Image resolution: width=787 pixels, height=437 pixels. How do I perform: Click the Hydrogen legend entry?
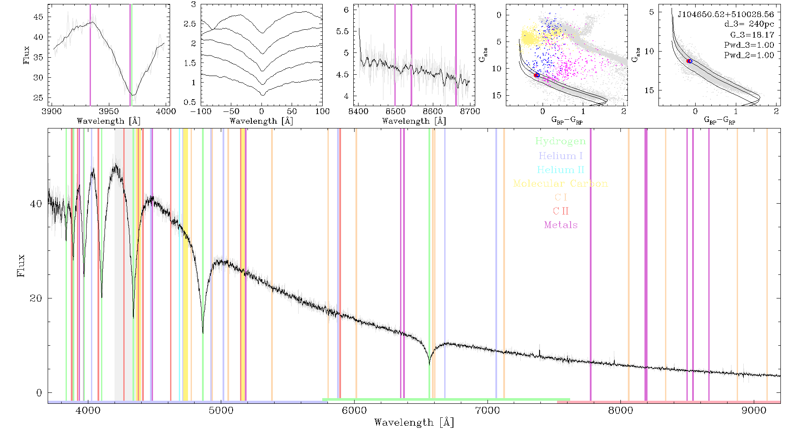560,141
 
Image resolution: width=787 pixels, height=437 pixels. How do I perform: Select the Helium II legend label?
560,170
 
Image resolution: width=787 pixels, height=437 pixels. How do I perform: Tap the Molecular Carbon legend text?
560,184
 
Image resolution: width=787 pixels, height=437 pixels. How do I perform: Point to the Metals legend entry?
561,225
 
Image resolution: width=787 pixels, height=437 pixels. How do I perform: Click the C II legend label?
561,211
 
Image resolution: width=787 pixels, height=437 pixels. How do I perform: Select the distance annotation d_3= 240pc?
743,24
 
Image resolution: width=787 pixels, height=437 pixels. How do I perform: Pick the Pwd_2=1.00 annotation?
749,55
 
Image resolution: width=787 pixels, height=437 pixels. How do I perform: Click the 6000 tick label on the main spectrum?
354,410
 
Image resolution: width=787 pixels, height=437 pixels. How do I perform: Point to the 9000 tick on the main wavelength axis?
754,410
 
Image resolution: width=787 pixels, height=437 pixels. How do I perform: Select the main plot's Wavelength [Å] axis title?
414,423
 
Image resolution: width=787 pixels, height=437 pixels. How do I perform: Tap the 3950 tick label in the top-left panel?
109,111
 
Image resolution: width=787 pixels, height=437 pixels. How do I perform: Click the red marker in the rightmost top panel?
689,61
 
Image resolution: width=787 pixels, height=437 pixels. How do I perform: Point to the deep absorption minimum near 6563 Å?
429,364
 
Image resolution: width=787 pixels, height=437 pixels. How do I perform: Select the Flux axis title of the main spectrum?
21,266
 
